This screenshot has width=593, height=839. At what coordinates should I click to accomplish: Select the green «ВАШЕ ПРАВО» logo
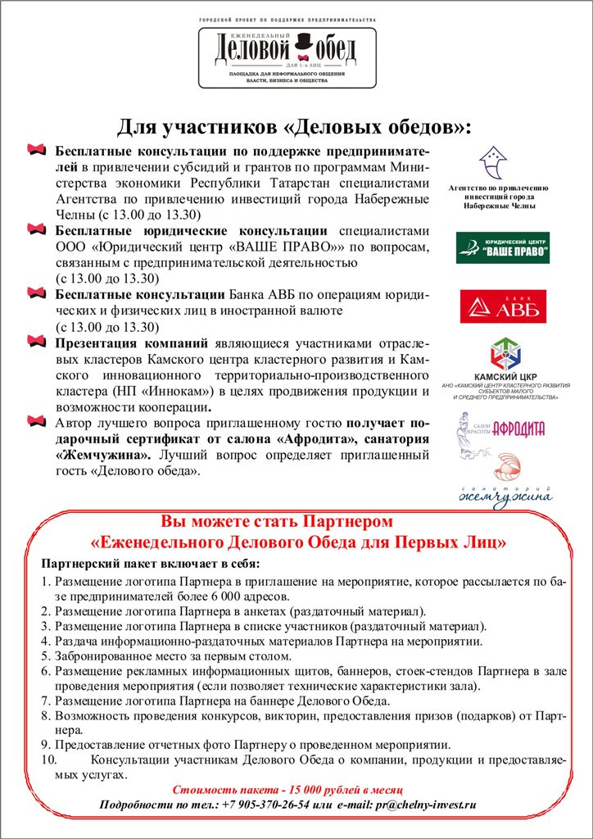503,247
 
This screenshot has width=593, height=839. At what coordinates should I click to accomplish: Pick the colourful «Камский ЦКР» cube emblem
504,355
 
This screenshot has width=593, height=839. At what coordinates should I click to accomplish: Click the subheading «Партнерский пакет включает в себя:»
150,565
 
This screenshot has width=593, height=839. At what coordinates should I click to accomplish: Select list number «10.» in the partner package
50,760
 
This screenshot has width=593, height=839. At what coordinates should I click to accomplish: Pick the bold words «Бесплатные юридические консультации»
191,231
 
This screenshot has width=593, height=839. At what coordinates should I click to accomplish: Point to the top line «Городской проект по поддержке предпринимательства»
287,18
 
